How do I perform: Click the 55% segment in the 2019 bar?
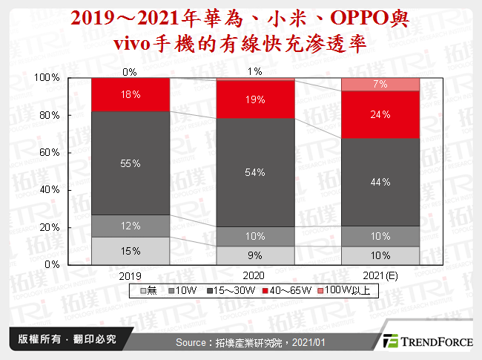131,163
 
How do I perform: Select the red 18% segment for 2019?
131,94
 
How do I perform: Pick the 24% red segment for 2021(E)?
380,114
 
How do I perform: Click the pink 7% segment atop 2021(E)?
380,85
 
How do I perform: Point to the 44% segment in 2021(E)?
380,182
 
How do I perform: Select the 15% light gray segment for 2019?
131,250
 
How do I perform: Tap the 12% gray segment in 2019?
131,226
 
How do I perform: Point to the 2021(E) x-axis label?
380,275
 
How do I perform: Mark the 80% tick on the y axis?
49,115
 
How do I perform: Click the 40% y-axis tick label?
49,189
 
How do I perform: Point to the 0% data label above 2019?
131,72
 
